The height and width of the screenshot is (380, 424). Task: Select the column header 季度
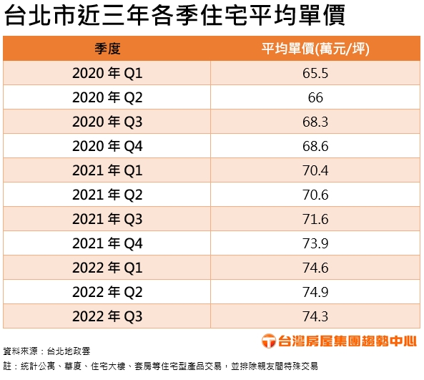click(x=107, y=49)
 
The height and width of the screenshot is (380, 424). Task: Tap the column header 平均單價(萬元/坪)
click(x=315, y=49)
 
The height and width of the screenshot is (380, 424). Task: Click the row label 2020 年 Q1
click(x=107, y=73)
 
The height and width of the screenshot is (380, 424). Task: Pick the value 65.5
click(x=315, y=73)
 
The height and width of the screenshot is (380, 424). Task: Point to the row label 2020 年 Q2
click(x=107, y=97)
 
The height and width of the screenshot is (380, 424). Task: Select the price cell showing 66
click(x=315, y=97)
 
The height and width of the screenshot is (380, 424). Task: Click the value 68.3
click(x=315, y=122)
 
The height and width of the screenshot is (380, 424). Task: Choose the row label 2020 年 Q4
click(x=107, y=146)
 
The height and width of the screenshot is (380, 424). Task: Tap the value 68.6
click(x=315, y=146)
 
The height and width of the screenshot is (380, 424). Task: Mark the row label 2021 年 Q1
click(x=107, y=170)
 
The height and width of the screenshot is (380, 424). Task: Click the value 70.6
click(x=315, y=195)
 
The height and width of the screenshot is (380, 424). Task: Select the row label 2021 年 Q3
click(x=107, y=219)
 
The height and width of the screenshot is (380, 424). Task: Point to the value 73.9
click(x=315, y=243)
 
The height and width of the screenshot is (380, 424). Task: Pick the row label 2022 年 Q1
click(x=107, y=268)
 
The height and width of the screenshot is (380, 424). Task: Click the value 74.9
click(x=315, y=292)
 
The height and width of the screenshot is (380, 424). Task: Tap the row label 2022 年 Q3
click(x=107, y=316)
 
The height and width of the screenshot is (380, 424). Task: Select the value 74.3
click(x=315, y=316)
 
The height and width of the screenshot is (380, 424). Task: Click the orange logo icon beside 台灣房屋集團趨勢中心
click(x=268, y=341)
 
